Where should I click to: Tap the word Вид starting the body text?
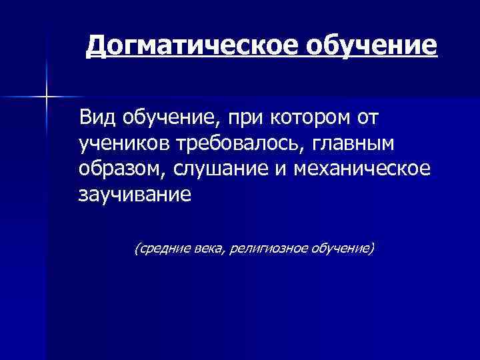(x=97, y=118)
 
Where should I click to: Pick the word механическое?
(x=367, y=169)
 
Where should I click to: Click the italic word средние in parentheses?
(x=159, y=249)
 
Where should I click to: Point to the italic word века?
(x=207, y=249)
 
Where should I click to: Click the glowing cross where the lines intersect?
(x=47, y=97)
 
